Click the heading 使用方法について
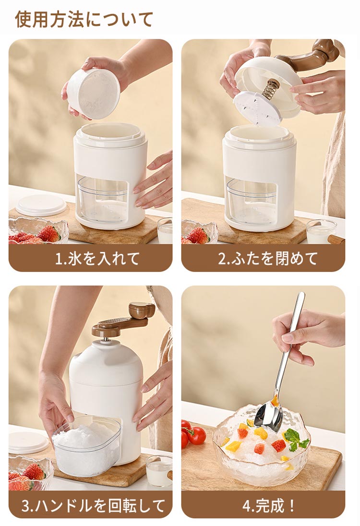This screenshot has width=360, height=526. [x=84, y=19]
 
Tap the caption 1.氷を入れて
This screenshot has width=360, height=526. [x=97, y=259]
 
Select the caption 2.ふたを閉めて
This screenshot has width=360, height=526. [x=267, y=259]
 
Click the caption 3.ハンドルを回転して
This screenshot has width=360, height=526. [x=93, y=505]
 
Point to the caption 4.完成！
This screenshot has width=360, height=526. [x=268, y=505]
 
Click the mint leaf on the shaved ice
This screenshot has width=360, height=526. [x=295, y=440]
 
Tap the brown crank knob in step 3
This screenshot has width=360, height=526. [x=142, y=311]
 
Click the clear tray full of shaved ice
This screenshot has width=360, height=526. [x=86, y=445]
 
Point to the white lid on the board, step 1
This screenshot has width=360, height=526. [x=41, y=205]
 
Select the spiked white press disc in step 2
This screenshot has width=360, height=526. [x=257, y=108]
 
